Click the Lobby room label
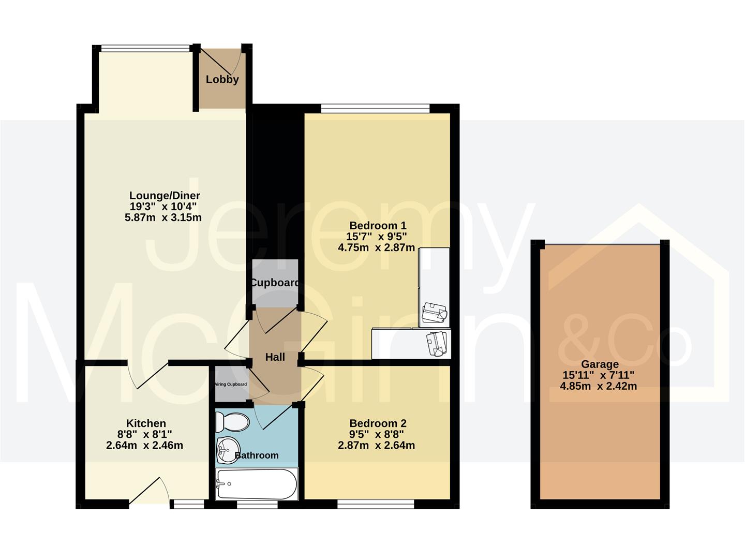(222, 79)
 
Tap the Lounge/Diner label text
(165, 196)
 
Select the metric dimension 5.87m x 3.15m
(163, 217)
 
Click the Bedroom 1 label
(378, 226)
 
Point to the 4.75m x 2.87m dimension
(376, 247)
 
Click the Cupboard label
(275, 283)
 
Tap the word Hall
(275, 357)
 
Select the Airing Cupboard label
(231, 385)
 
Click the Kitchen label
(146, 423)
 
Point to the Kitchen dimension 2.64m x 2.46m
(144, 445)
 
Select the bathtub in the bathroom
(257, 484)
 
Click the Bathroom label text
(257, 455)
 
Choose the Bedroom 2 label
(378, 423)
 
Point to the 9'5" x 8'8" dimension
(376, 434)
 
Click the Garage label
(600, 364)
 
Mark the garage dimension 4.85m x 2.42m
(599, 386)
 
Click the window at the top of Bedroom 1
(375, 108)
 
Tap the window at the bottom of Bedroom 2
(376, 504)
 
